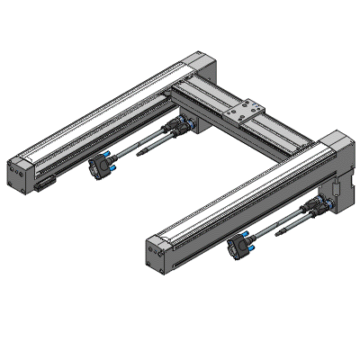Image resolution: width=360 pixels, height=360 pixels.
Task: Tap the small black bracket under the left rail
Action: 46,186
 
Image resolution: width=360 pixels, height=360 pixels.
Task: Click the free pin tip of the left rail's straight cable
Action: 139,156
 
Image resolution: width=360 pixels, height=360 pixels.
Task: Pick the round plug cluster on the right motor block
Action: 323,207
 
